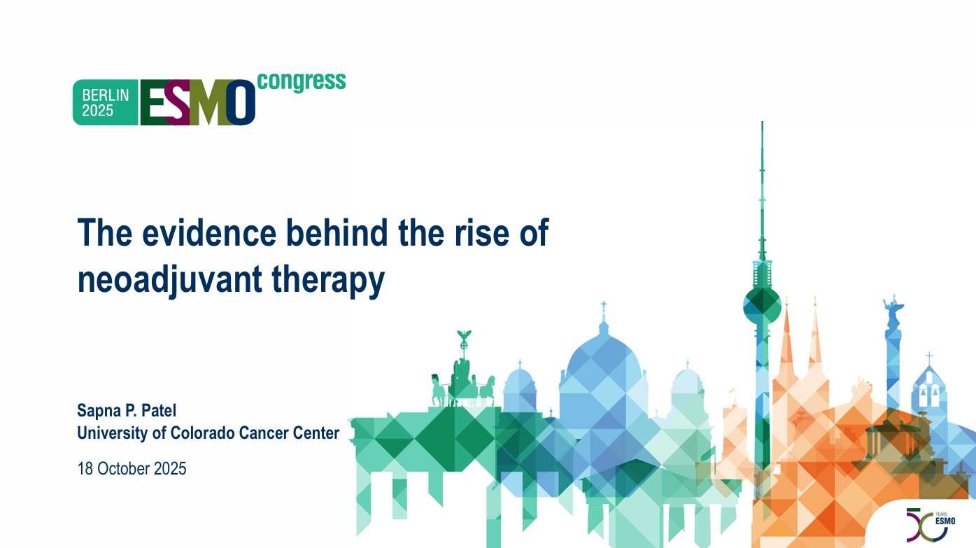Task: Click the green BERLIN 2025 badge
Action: [105, 102]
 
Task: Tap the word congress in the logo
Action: [302, 81]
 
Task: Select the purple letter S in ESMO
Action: [178, 102]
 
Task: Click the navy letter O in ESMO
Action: [241, 102]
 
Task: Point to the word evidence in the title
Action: [209, 233]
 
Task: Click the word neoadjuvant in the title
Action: [170, 280]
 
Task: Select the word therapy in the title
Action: [328, 280]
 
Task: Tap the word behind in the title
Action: [337, 233]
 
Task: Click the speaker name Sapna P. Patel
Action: [127, 411]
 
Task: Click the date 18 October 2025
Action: [132, 469]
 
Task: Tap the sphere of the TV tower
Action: [762, 304]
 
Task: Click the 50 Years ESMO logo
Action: [931, 525]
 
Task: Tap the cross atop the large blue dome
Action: [604, 311]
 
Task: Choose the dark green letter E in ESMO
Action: [153, 102]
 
